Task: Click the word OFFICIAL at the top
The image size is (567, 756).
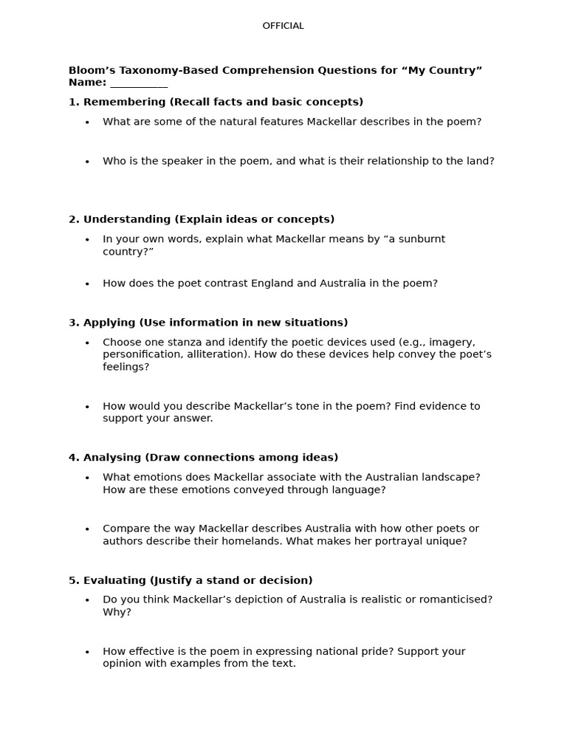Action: pos(283,26)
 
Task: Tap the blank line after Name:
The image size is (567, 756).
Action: pos(139,83)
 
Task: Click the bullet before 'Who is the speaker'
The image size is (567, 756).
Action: pos(87,162)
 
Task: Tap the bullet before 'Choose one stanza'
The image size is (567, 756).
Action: pos(87,343)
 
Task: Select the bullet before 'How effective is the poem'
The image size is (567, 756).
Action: pos(87,652)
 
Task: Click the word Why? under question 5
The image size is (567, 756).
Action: pos(117,612)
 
